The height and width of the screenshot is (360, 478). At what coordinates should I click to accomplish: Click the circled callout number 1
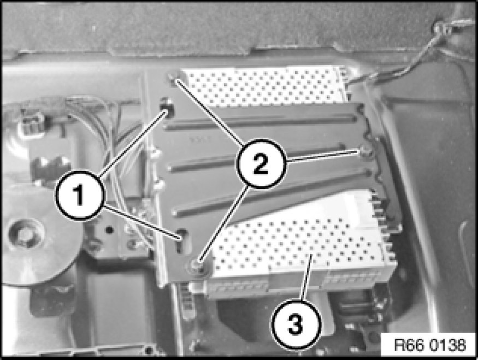click(79, 195)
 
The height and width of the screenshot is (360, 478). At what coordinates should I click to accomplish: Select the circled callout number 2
click(261, 163)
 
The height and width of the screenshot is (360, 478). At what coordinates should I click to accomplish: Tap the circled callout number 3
click(296, 323)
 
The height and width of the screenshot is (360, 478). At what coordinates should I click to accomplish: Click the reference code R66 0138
click(430, 345)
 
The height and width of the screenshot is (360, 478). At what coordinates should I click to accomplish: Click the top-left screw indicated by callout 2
click(173, 79)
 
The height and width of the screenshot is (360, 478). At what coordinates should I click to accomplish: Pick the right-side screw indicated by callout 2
click(364, 151)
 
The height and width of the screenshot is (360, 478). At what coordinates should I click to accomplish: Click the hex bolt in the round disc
click(23, 235)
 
